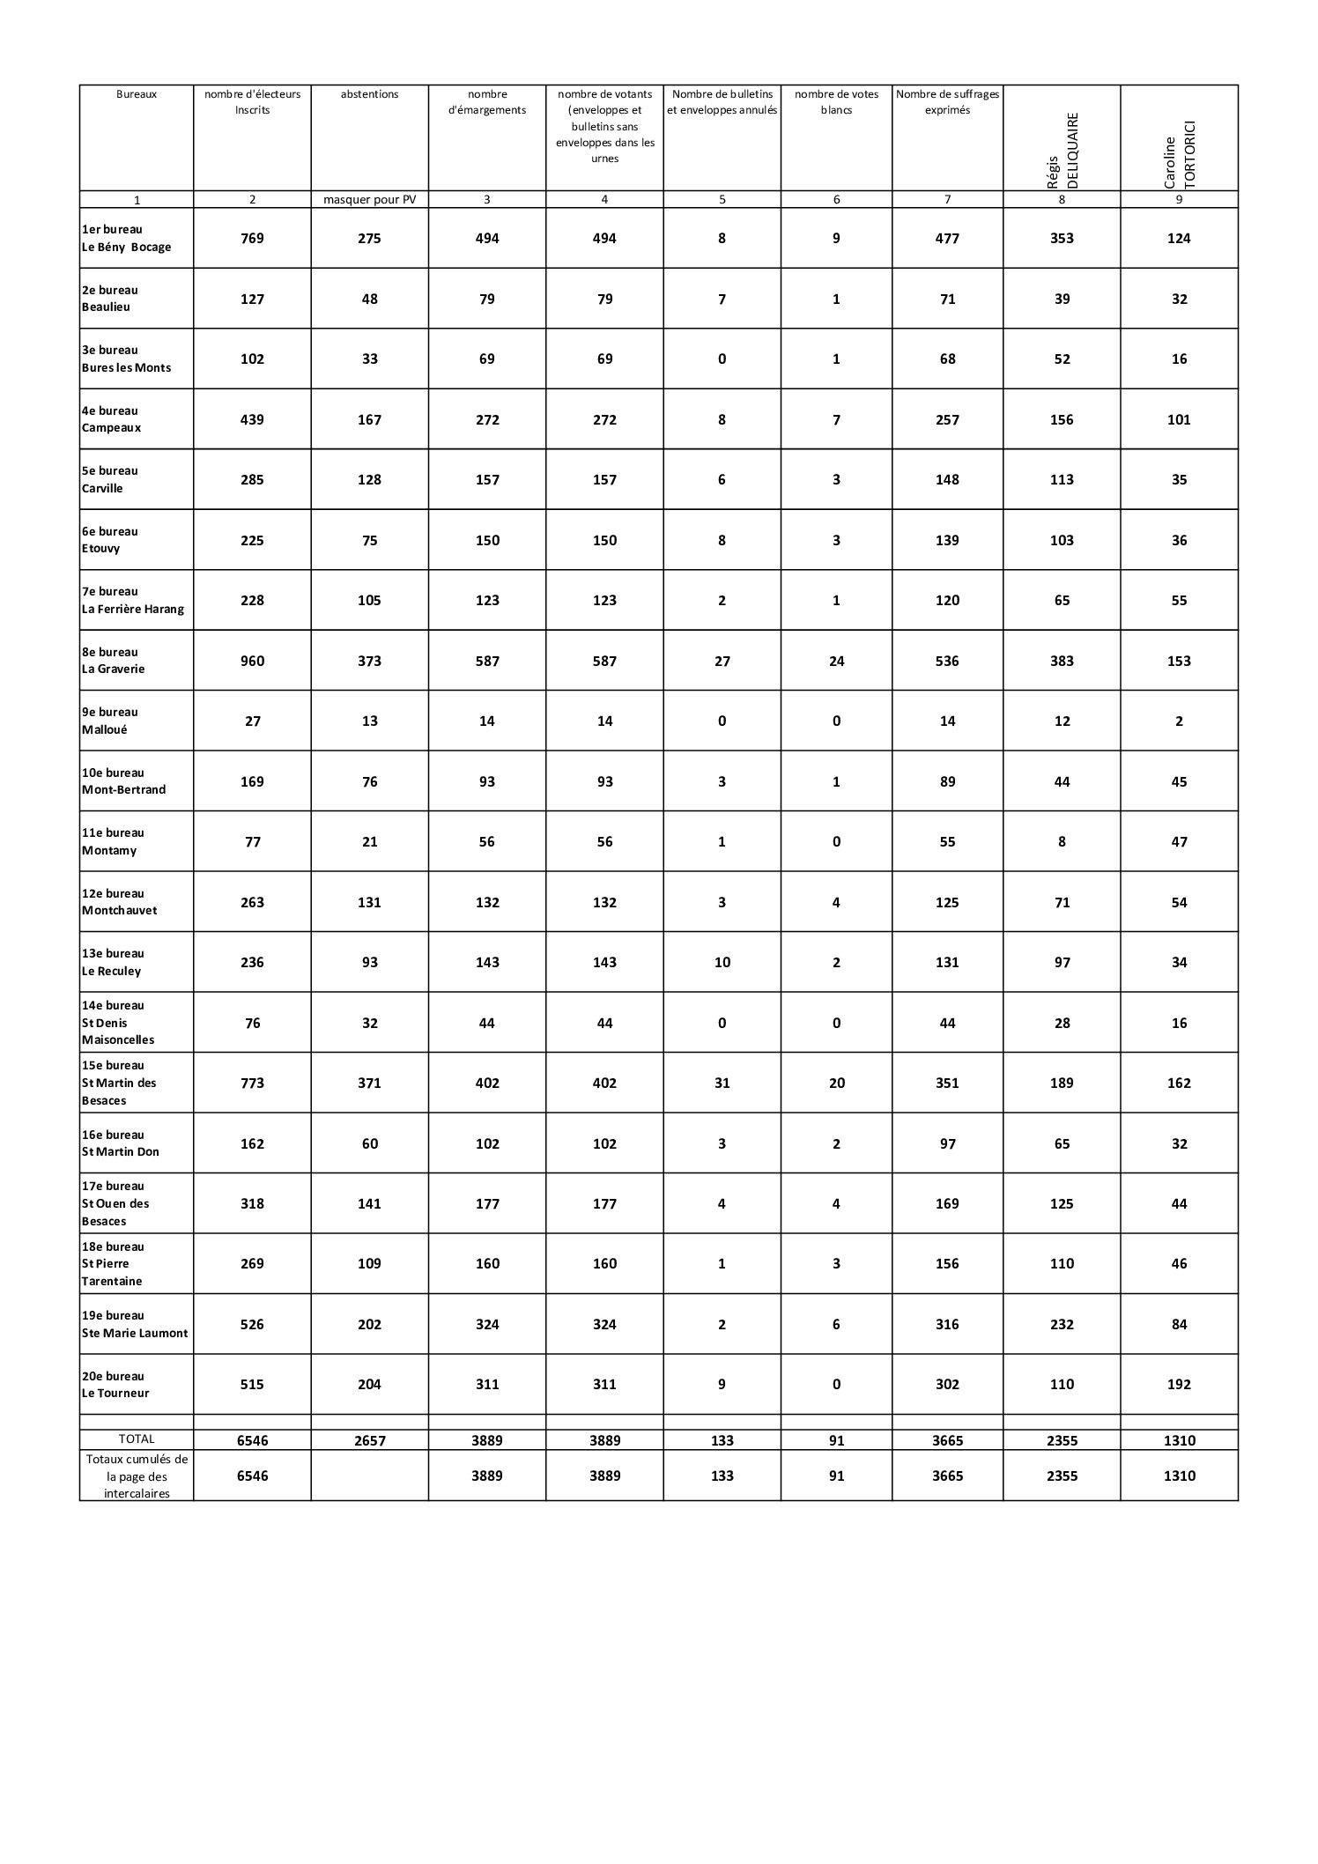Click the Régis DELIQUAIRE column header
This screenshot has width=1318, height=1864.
(x=1062, y=150)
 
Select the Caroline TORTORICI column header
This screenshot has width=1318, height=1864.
(x=1179, y=155)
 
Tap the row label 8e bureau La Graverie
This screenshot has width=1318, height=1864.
(x=114, y=661)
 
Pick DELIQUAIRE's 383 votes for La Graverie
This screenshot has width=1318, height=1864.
(x=1062, y=661)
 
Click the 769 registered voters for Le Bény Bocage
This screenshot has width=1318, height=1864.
(x=252, y=238)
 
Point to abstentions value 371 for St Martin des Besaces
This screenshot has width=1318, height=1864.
(x=369, y=1083)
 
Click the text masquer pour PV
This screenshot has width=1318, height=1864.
(x=369, y=200)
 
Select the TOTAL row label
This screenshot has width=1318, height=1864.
(x=137, y=1439)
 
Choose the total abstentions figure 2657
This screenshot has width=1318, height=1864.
(x=369, y=1440)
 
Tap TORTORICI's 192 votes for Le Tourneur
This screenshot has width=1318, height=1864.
(x=1179, y=1384)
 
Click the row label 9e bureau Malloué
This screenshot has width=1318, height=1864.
(x=110, y=721)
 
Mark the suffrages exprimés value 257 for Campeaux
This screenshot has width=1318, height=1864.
(x=947, y=419)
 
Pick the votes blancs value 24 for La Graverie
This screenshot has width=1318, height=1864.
(x=836, y=661)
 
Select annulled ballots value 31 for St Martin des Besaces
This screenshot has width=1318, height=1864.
(x=722, y=1083)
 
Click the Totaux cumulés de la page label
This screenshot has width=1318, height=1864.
(x=137, y=1476)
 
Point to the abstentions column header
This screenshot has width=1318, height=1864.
(x=369, y=94)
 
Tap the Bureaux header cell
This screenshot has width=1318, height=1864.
(x=137, y=94)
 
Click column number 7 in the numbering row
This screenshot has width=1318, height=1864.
(x=947, y=200)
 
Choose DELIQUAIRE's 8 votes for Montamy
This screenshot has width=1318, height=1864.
(x=1062, y=841)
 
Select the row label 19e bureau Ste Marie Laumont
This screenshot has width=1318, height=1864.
(x=135, y=1324)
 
